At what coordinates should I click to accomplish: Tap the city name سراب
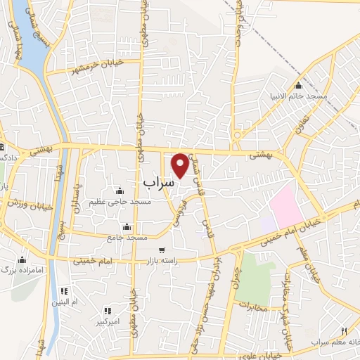click(x=158, y=181)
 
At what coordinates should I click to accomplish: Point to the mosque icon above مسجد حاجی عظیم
click(x=120, y=191)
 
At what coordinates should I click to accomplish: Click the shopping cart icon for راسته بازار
click(x=162, y=250)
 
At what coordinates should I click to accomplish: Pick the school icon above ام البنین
click(x=64, y=291)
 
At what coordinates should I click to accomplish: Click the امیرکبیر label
click(x=108, y=322)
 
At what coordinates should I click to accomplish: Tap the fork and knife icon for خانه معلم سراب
click(x=343, y=331)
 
